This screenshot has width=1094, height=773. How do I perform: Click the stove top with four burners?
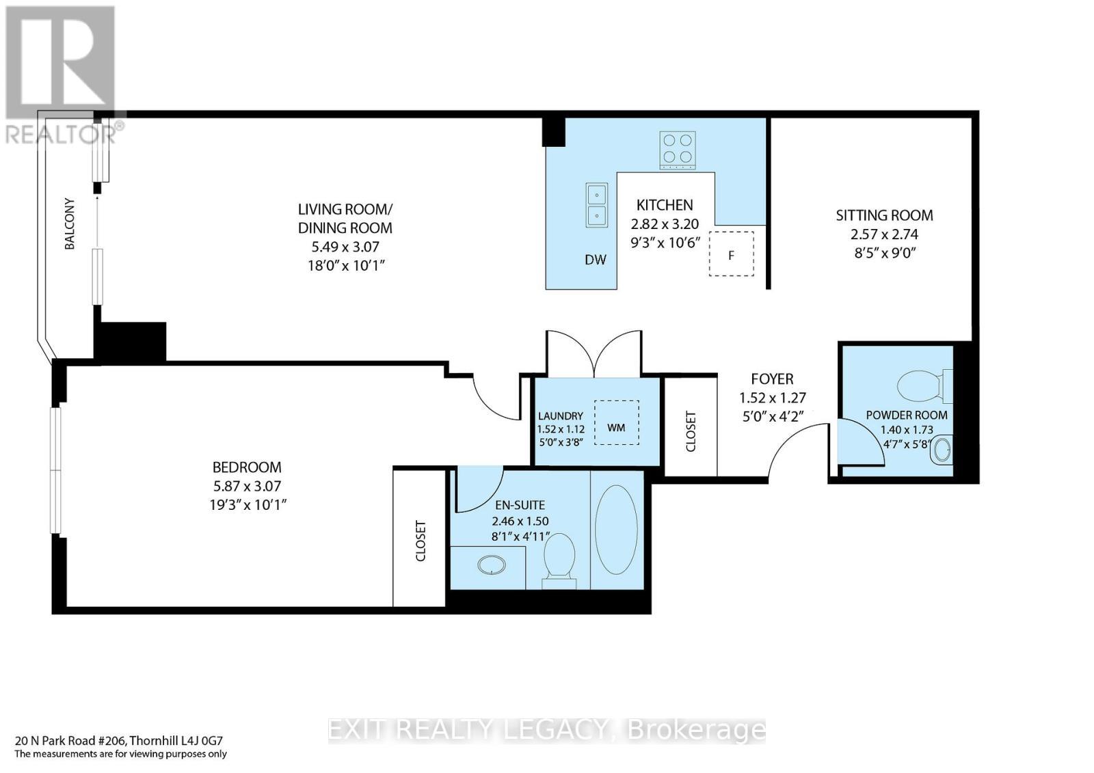point(677,150)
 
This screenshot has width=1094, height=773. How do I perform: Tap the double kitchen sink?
point(597,205)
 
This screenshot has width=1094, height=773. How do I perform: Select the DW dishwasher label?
point(595,260)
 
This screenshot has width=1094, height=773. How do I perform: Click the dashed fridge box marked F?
point(731,254)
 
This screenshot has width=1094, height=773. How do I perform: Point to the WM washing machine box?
point(616,423)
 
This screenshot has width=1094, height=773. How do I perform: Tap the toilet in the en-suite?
point(561,557)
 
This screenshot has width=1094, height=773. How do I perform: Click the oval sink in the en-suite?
point(491,565)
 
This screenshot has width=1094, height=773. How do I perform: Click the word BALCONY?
point(70,223)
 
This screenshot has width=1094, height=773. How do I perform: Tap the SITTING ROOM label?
point(884,215)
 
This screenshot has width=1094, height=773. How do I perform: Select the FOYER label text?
point(772,379)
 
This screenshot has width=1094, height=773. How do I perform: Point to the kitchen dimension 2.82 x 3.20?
point(665,223)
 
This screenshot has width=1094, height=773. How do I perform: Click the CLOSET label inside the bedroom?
point(420,541)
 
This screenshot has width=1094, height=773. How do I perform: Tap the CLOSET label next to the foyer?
point(691,431)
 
